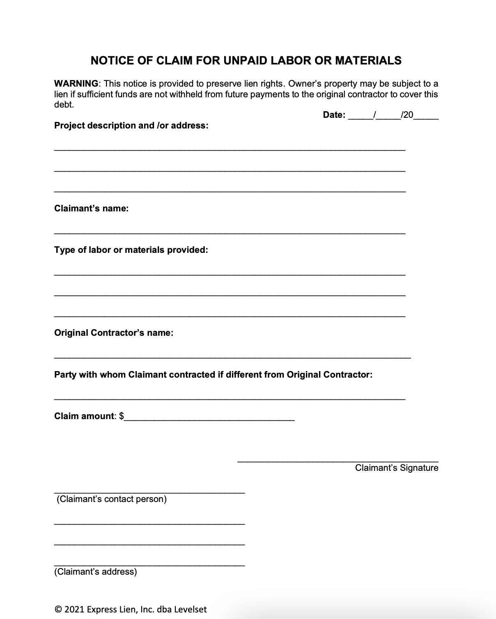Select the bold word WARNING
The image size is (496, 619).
(x=76, y=84)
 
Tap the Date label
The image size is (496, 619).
(x=334, y=115)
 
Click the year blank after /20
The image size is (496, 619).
(x=426, y=117)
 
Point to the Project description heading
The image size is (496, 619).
(x=131, y=126)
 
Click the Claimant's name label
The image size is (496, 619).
(x=91, y=209)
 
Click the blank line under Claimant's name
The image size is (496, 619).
(x=230, y=232)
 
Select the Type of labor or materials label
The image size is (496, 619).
(x=131, y=250)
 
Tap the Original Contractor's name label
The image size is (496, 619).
(x=114, y=333)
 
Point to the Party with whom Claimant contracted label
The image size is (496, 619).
(x=213, y=375)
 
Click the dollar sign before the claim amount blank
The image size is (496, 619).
(x=122, y=416)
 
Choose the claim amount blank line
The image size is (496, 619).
(x=210, y=419)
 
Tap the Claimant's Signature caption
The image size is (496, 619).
(x=397, y=468)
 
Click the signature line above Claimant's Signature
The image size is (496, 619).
(x=338, y=461)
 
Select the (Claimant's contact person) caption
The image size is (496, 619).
(x=112, y=499)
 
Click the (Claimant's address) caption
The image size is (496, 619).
(x=96, y=572)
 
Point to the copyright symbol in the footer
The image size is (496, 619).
(x=57, y=610)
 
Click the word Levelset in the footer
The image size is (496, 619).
(x=190, y=610)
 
